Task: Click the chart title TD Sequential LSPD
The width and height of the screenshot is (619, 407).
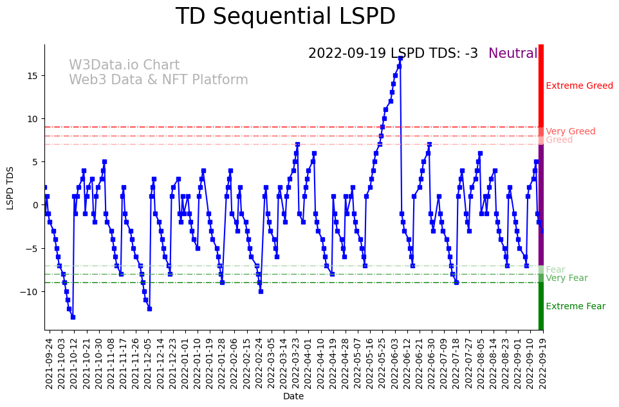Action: [x=285, y=17]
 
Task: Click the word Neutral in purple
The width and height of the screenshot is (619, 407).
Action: [x=512, y=53]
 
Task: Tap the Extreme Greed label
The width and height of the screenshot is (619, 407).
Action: [x=579, y=86]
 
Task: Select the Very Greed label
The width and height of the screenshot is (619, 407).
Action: [x=570, y=131]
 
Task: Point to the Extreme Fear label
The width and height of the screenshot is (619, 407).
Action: [x=575, y=306]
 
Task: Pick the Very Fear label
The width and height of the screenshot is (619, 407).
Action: [x=566, y=278]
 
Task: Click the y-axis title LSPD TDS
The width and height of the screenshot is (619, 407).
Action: [x=10, y=188]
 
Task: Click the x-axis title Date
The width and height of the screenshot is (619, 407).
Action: [x=293, y=397]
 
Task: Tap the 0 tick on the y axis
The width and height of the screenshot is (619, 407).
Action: [x=37, y=205]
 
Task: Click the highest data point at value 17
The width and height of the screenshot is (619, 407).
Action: [x=400, y=58]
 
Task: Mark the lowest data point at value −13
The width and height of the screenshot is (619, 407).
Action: [x=73, y=317]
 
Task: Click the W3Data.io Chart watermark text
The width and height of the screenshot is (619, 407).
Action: [x=124, y=65]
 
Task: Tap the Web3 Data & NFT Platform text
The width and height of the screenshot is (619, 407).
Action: [x=158, y=80]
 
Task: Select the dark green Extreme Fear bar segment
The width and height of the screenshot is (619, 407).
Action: [x=541, y=307]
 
